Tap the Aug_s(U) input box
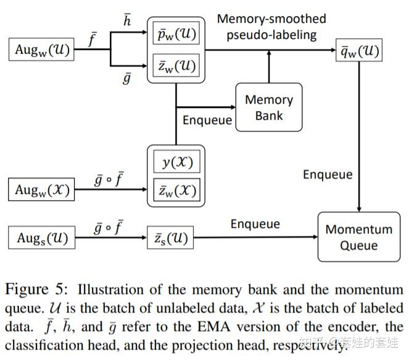pyautogui.click(x=41, y=237)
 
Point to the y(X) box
pyautogui.click(x=176, y=162)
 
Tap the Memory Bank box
pyautogui.click(x=268, y=107)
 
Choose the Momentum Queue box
pyautogui.click(x=358, y=237)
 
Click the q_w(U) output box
pyautogui.click(x=358, y=50)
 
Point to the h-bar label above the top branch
pyautogui.click(x=127, y=20)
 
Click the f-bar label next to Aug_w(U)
pyautogui.click(x=93, y=41)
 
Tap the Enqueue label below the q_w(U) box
pyautogui.click(x=327, y=174)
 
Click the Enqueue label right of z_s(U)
pyautogui.click(x=255, y=224)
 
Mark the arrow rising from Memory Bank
pyautogui.click(x=269, y=67)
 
